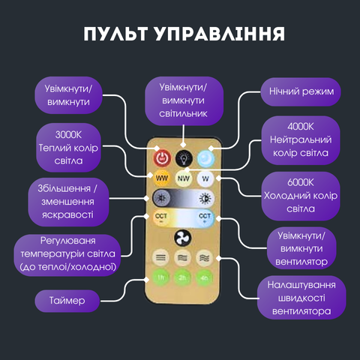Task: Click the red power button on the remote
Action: click(162, 158)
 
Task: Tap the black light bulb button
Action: click(184, 158)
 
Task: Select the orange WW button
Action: click(162, 178)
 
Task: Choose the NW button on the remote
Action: click(184, 178)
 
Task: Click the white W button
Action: click(205, 178)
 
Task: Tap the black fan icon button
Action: click(183, 238)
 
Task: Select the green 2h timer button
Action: click(182, 277)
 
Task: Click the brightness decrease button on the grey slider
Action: click(161, 198)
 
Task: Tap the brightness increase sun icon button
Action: click(205, 199)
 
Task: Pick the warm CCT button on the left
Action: click(161, 217)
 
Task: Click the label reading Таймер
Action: click(67, 301)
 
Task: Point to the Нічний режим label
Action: click(301, 91)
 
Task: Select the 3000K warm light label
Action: click(68, 148)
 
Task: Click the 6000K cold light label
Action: click(301, 196)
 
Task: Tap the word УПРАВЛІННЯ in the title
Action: click(220, 34)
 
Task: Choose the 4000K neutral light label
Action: click(301, 140)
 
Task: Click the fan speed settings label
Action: click(301, 298)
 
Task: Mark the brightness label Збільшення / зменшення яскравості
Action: click(68, 202)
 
